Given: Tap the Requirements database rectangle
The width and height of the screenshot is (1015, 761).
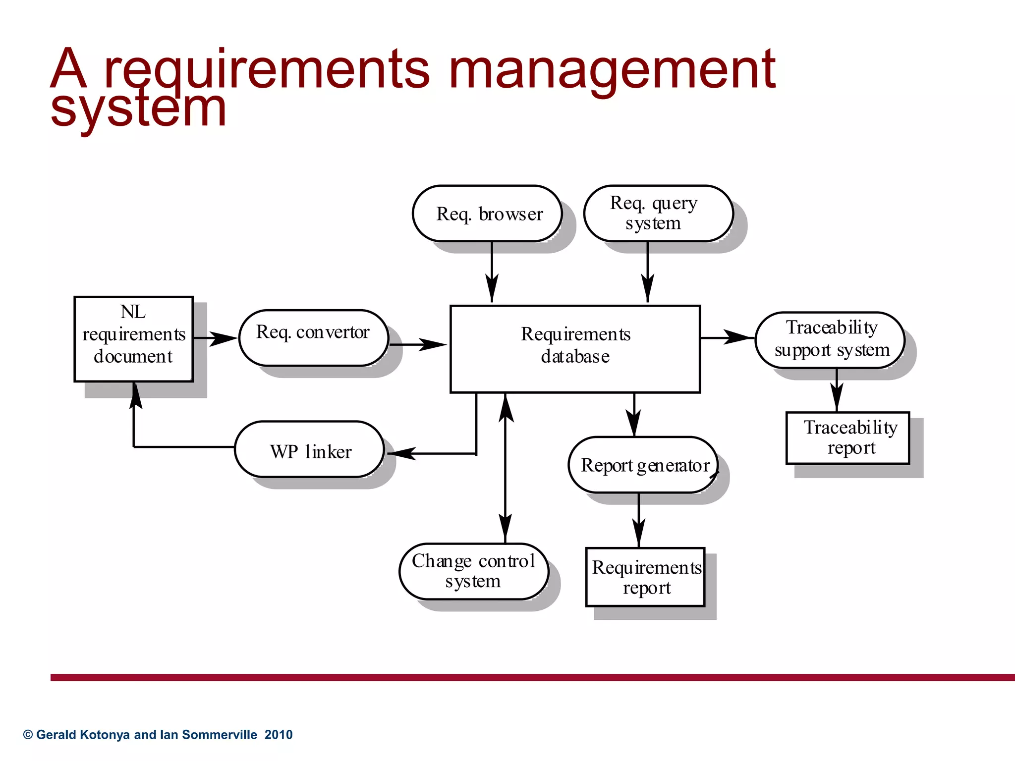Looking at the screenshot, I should [575, 349].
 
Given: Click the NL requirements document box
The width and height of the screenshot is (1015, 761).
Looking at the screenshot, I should [133, 339].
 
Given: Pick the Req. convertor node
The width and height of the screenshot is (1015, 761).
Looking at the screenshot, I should [313, 338].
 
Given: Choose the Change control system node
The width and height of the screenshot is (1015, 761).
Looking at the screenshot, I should [474, 571].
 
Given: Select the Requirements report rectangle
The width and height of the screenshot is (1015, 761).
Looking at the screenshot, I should [645, 577].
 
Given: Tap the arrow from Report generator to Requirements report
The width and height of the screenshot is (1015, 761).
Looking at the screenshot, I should [639, 520].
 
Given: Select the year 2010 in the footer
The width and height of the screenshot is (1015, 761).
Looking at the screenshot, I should [279, 735].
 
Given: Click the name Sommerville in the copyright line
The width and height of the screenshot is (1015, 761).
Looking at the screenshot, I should [220, 735].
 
